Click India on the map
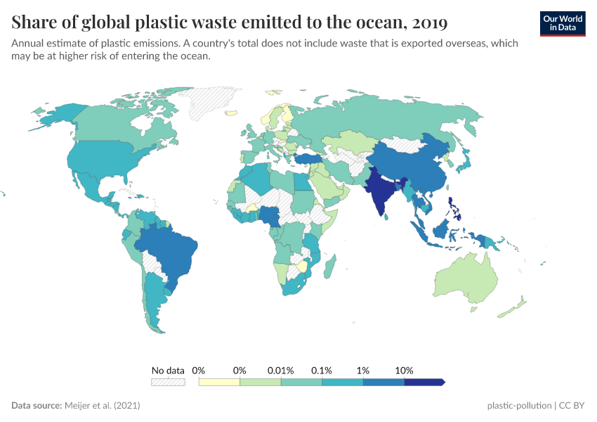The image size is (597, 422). coord(380,190)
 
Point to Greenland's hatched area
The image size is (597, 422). coord(211,98)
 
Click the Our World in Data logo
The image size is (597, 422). coord(563,23)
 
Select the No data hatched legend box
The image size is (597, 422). coord(168,383)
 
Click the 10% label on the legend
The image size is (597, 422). coord(405,370)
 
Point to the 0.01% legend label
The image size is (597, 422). coord(281,370)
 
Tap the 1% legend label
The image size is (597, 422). coord(363,370)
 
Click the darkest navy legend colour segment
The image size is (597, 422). coord(424,383)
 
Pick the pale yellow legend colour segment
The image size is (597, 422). coord(219,383)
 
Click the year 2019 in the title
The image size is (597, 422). coord(430,23)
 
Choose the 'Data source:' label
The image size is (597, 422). coord(36,406)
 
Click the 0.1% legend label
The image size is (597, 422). coord(322,370)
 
